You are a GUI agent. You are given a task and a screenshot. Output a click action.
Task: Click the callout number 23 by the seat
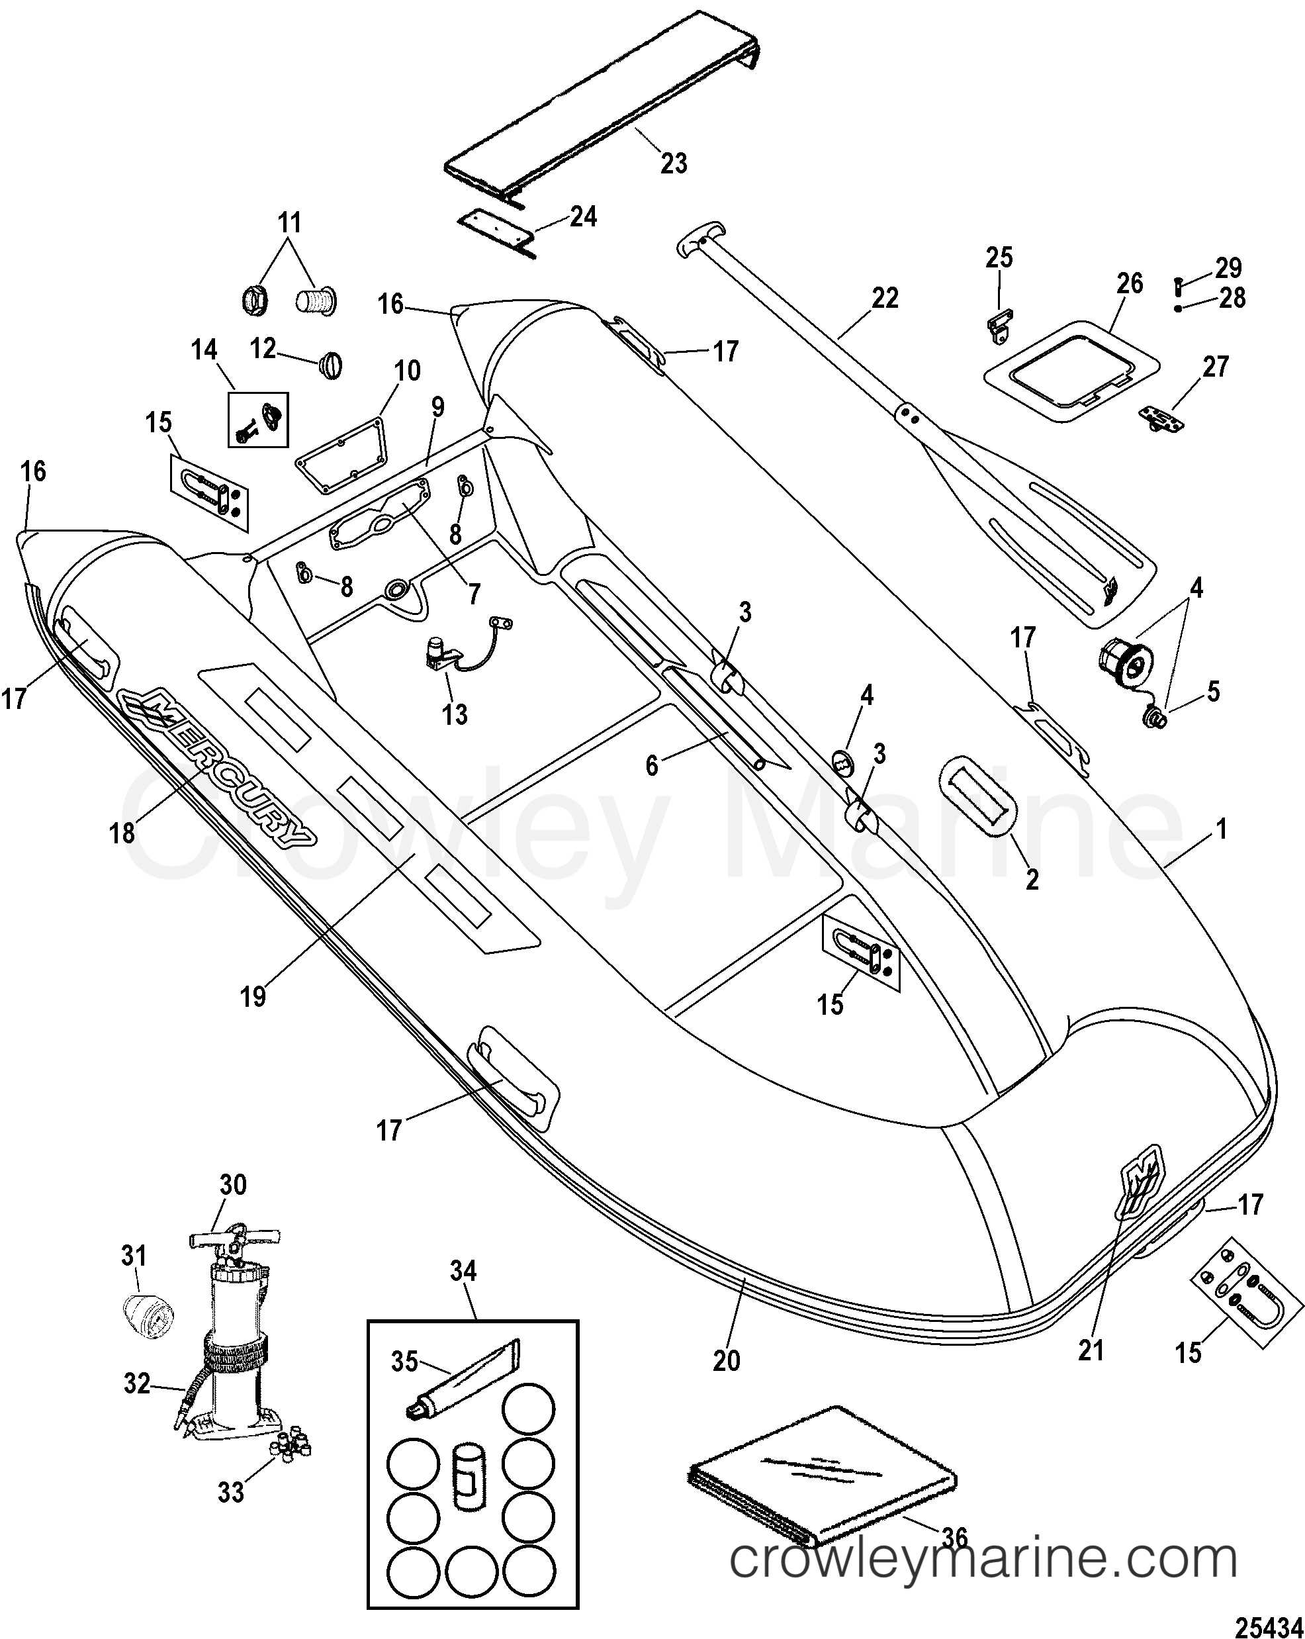(674, 163)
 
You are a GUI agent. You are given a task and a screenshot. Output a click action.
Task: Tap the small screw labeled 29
(1178, 287)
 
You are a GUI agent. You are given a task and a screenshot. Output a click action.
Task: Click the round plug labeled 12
(332, 364)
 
